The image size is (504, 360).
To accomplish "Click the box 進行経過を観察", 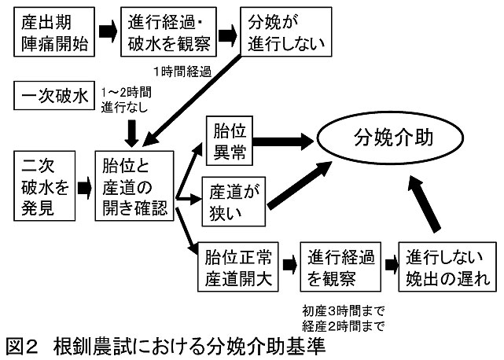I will [x=340, y=267].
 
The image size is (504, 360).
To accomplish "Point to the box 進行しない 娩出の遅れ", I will [x=443, y=267].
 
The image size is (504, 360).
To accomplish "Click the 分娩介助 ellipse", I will [x=399, y=142].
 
